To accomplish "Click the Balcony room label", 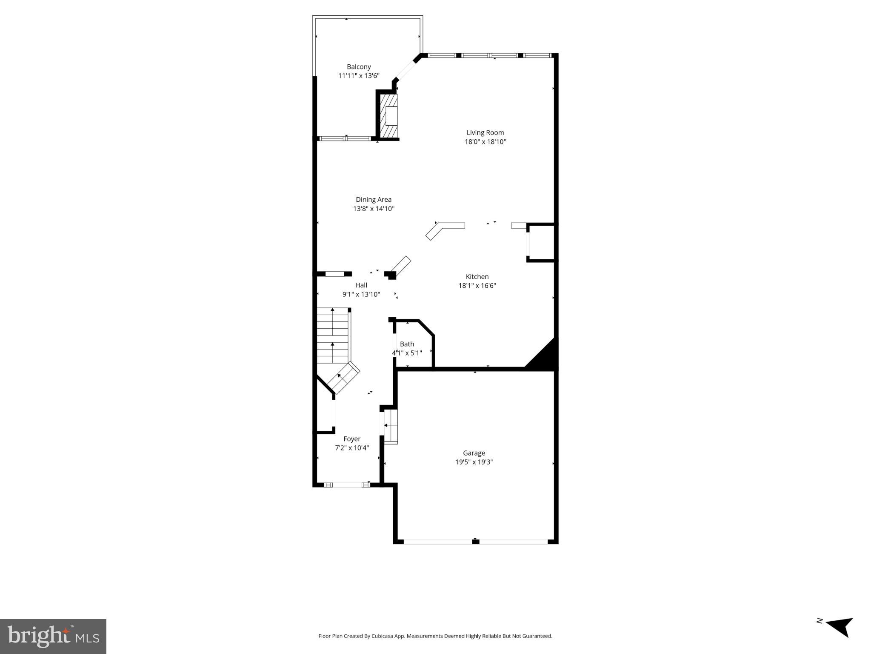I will tap(359, 67).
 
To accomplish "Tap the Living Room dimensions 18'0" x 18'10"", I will tap(485, 142).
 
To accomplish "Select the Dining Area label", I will tap(374, 199).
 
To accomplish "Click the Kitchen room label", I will tap(477, 276).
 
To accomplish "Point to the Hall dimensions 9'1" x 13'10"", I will tap(361, 294).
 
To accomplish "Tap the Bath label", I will tap(407, 344).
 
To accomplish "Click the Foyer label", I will tap(352, 439).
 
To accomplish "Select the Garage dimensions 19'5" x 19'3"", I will tap(474, 462).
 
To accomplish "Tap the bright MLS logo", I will tap(53, 636).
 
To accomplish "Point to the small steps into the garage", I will tap(391, 426).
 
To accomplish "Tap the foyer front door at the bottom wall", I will tap(347, 485).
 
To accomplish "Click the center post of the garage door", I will tap(476, 542).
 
